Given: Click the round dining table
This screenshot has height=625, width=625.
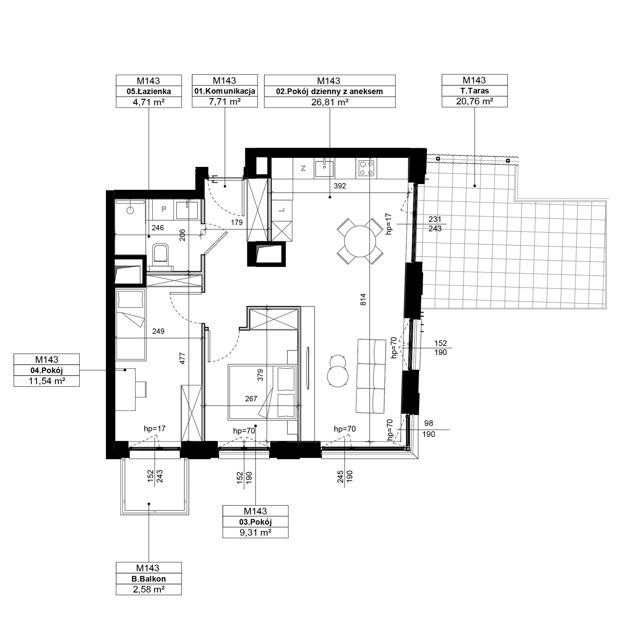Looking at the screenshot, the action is pyautogui.click(x=360, y=241).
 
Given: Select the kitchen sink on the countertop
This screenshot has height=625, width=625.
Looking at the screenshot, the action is pyautogui.click(x=324, y=168).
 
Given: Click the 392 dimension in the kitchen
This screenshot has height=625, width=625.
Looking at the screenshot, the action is pyautogui.click(x=340, y=186).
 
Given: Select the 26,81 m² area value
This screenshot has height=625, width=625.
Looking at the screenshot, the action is pyautogui.click(x=330, y=102).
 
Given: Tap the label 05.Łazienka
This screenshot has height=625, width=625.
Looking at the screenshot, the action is pyautogui.click(x=149, y=92).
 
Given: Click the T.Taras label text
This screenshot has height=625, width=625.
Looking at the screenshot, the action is pyautogui.click(x=475, y=91).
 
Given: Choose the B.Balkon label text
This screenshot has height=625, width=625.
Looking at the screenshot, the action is pyautogui.click(x=149, y=579).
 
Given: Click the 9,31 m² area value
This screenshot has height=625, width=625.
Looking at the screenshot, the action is pyautogui.click(x=255, y=532).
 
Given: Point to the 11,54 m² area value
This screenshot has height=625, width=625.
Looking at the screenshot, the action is pyautogui.click(x=47, y=381).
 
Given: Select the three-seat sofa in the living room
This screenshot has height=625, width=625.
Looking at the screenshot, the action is pyautogui.click(x=371, y=376).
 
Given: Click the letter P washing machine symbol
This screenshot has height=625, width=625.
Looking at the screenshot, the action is pyautogui.click(x=164, y=209).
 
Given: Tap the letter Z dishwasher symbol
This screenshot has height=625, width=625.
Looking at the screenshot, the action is pyautogui.click(x=303, y=168).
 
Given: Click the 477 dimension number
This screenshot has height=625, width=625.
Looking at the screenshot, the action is pyautogui.click(x=182, y=358).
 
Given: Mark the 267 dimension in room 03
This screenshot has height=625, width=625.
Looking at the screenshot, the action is pyautogui.click(x=251, y=398).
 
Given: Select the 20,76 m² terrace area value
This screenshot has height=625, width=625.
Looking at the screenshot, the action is pyautogui.click(x=475, y=101).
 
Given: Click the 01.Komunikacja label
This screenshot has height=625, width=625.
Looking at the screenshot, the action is pyautogui.click(x=225, y=91).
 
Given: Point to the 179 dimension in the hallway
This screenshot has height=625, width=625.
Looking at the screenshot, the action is pyautogui.click(x=237, y=222).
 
